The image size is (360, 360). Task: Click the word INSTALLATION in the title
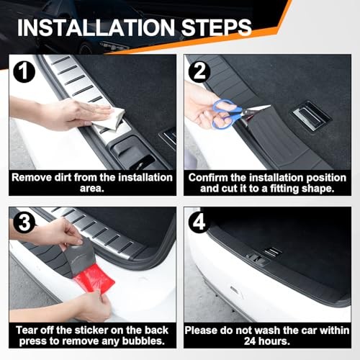coord(96,27)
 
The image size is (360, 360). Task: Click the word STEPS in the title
coord(216,27)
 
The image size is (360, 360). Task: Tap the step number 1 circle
coord(24,71)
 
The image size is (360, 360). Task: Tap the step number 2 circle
coord(199,71)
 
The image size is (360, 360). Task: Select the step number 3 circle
coord(24,223)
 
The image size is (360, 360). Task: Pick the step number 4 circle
coord(199,222)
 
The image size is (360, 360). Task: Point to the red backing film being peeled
coord(94,279)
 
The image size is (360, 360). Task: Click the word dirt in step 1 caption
coord(63,178)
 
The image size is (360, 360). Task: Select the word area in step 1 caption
coord(92,189)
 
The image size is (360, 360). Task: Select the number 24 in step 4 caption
coord(251,341)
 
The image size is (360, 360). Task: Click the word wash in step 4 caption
coord(268,330)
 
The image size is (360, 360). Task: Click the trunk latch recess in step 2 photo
coord(310,117)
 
